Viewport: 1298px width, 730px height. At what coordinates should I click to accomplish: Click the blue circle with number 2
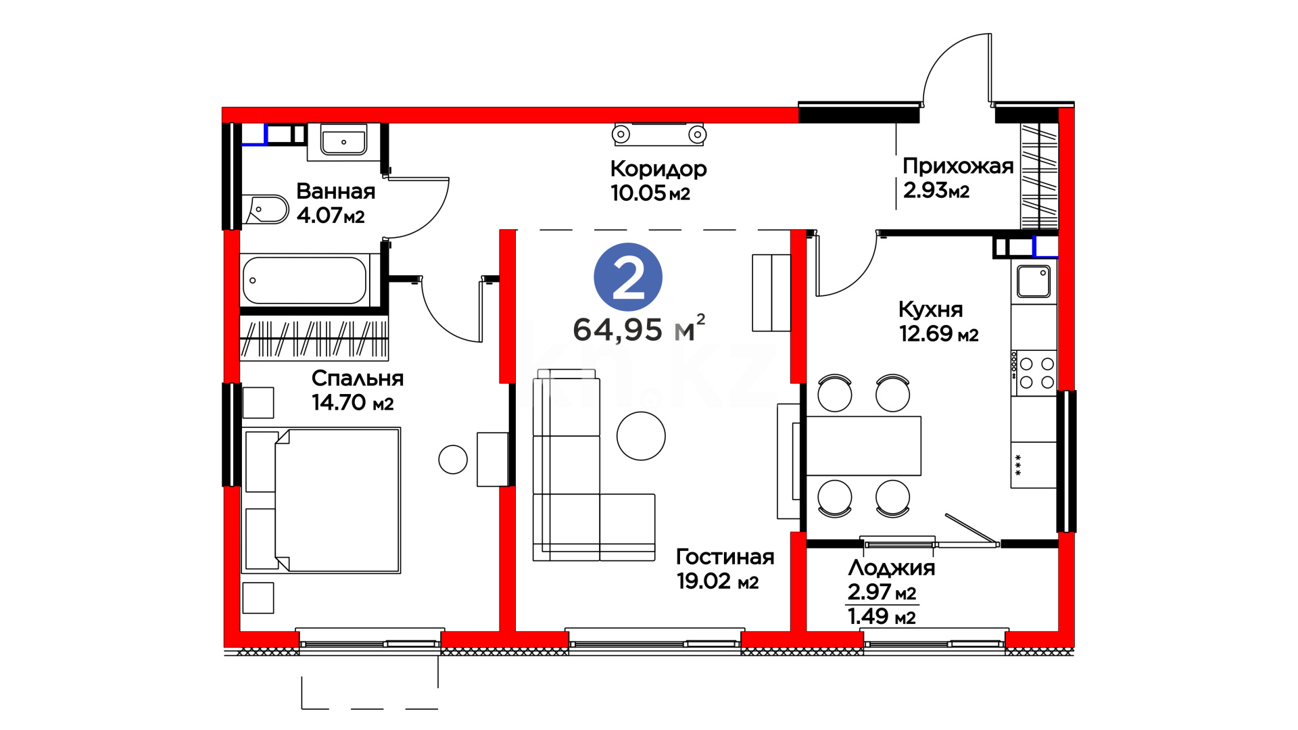(x=627, y=277)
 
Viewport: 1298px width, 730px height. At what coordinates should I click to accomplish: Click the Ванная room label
(x=335, y=191)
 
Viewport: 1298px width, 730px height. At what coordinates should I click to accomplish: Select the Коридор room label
(x=658, y=169)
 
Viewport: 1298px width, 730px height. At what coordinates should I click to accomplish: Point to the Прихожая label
(x=958, y=166)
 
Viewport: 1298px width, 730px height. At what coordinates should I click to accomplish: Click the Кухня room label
(x=930, y=310)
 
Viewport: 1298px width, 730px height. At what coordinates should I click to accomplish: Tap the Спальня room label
(x=357, y=378)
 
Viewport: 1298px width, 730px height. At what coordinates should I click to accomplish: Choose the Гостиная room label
(x=725, y=556)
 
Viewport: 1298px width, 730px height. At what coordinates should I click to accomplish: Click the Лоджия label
(x=891, y=568)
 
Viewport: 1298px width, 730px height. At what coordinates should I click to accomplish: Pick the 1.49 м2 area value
(x=882, y=616)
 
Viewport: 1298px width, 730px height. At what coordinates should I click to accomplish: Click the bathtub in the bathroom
(x=304, y=280)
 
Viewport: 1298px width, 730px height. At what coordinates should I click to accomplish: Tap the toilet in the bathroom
(x=266, y=210)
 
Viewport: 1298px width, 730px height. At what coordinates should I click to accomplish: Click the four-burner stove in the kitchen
(x=1034, y=372)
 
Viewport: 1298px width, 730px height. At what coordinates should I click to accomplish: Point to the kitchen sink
(x=1034, y=281)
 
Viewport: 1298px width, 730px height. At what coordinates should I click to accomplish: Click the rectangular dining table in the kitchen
(x=863, y=446)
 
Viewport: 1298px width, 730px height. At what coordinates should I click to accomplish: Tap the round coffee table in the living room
(x=641, y=436)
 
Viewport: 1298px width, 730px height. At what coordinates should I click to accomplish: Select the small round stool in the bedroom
(x=453, y=460)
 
